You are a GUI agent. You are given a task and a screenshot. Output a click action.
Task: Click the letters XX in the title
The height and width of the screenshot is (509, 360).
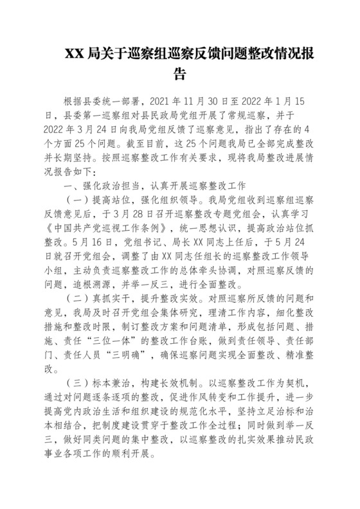[73, 53]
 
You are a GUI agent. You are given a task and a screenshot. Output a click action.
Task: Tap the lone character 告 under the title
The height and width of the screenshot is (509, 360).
[181, 73]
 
